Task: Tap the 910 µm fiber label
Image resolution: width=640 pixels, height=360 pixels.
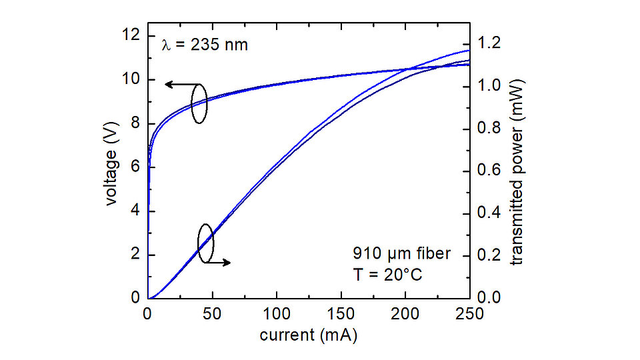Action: click(x=402, y=254)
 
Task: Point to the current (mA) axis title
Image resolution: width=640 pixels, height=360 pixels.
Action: click(x=308, y=335)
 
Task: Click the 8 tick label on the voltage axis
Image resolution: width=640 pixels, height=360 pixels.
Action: click(x=135, y=123)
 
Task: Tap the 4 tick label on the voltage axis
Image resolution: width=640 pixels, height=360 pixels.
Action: click(x=135, y=211)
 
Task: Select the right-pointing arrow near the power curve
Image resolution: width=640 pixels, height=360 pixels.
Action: click(x=219, y=263)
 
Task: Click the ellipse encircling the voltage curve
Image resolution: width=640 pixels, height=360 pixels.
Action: click(x=199, y=103)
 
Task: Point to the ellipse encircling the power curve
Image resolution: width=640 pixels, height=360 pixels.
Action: click(x=206, y=243)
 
